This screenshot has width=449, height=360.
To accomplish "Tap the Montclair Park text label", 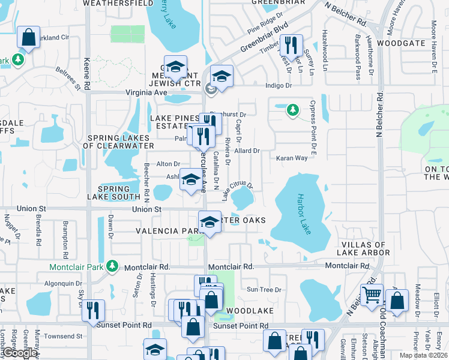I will (76, 266).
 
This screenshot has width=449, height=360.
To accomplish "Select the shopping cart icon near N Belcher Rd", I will (372, 295).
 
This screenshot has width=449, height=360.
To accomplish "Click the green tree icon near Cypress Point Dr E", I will (292, 110).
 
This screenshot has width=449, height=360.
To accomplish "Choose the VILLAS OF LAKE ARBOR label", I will (371, 249).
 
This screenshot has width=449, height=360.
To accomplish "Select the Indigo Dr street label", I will (279, 86).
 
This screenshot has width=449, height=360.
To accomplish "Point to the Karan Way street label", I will (292, 158).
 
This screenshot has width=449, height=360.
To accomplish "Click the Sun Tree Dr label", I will (264, 290).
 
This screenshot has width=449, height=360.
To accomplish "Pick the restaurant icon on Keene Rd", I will (93, 310).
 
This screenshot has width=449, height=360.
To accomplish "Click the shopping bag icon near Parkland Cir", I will (28, 37).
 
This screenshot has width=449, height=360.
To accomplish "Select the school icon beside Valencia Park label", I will (209, 221).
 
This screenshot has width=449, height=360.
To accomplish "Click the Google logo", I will (19, 353).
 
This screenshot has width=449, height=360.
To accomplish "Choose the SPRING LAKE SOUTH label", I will (118, 193).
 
